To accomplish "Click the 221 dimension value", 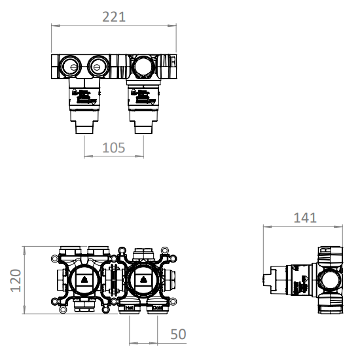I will coord(114,17).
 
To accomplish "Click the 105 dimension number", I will coord(114,147).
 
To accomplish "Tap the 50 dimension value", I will coord(178,334).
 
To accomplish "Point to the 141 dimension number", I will coord(304,217).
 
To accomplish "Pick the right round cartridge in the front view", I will coord(144,281).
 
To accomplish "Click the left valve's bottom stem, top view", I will coord(86,126).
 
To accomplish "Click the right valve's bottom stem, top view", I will coord(143,126).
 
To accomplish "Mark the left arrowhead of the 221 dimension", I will coord(54,26).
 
